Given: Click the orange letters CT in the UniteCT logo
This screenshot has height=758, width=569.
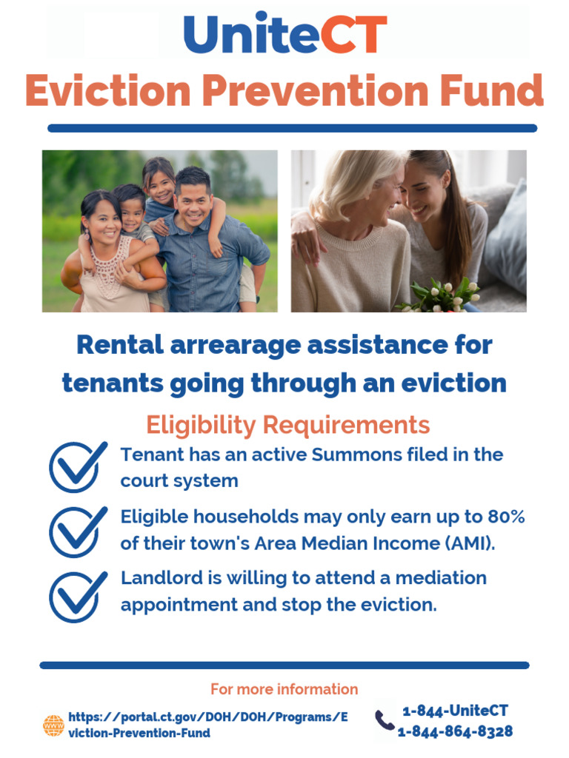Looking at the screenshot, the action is (353, 34).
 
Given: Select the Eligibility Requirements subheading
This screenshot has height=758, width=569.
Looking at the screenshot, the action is (288, 426).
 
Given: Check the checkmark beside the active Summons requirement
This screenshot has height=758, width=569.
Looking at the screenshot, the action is (77, 467).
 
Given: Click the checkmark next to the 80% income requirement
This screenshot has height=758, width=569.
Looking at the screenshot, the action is (77, 531).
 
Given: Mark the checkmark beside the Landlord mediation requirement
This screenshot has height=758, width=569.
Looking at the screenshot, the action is (77, 597).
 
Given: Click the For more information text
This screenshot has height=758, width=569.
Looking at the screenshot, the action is (284, 689).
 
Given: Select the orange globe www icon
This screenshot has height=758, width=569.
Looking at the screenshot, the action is (53, 725).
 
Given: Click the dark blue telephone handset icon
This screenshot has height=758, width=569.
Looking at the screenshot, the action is (385, 720).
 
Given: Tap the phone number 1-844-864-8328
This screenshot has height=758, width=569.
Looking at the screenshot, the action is (455, 731).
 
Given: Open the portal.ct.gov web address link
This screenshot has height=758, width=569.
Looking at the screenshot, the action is (208, 725).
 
